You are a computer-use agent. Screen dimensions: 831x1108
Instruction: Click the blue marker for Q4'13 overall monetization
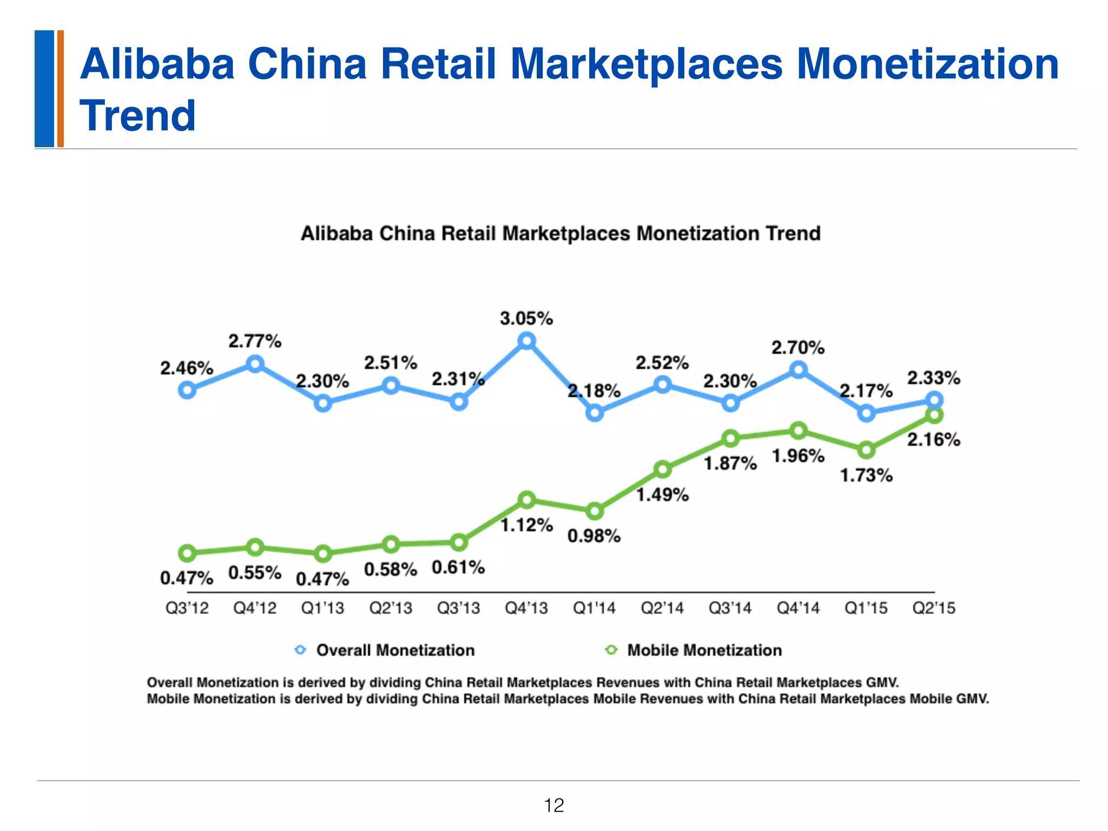click(x=526, y=341)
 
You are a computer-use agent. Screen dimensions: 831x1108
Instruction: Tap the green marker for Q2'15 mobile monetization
click(x=934, y=415)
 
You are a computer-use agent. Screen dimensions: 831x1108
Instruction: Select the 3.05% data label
click(x=526, y=319)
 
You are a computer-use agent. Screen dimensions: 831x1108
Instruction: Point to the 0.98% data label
click(x=594, y=536)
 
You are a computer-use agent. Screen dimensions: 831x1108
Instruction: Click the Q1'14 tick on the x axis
click(x=594, y=608)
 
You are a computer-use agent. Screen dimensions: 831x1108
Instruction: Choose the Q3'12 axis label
click(x=187, y=608)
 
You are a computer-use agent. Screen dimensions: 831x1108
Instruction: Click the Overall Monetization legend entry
click(x=395, y=650)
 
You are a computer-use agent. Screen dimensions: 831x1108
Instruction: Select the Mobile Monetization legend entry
click(x=704, y=650)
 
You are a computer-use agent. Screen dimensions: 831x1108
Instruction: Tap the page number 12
click(x=554, y=806)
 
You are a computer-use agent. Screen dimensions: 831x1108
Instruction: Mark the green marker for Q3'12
click(x=187, y=553)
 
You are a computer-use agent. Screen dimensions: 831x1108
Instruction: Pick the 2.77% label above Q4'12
click(x=255, y=341)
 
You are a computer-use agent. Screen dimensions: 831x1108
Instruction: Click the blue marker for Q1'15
click(x=866, y=413)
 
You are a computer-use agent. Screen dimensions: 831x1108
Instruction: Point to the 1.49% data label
click(x=662, y=494)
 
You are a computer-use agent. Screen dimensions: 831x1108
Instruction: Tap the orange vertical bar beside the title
click(x=61, y=89)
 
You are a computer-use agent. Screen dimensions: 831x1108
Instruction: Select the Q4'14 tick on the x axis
click(x=798, y=608)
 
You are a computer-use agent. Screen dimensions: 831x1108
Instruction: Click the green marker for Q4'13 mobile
click(x=526, y=500)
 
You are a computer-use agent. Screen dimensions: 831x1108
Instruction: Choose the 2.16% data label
click(x=934, y=440)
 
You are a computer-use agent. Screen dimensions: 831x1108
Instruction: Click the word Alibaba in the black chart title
click(x=337, y=234)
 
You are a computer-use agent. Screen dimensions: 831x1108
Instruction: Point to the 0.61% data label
click(x=458, y=568)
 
